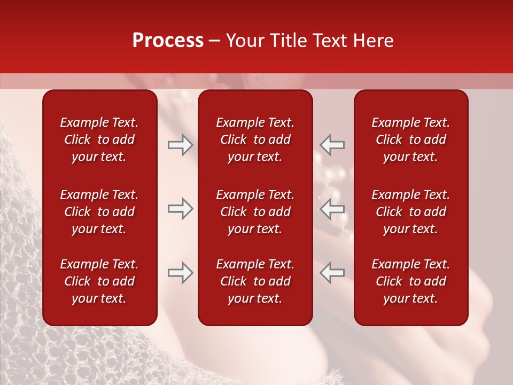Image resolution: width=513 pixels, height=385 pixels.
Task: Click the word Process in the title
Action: (168, 41)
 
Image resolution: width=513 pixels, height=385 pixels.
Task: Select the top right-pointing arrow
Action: (180, 145)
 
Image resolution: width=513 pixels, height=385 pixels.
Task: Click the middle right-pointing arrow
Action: (180, 209)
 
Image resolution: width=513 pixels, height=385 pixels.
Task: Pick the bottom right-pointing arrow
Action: (180, 273)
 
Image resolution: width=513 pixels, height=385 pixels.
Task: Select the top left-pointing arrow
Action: (332, 145)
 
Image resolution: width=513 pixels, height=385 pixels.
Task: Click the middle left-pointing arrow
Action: (332, 209)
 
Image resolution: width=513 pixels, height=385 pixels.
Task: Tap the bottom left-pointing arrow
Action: (332, 273)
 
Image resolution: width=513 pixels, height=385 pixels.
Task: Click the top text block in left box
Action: (99, 140)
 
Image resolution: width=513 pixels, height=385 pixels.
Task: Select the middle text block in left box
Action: (99, 212)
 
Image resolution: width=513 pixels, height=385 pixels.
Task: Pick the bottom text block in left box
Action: (99, 281)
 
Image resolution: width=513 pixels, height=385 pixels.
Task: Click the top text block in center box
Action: (255, 140)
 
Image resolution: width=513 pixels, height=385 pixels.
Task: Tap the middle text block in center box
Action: (255, 212)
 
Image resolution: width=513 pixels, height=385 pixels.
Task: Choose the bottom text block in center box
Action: (255, 281)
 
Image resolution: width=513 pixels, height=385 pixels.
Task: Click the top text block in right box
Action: (410, 140)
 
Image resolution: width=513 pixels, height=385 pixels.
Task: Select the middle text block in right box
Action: (410, 212)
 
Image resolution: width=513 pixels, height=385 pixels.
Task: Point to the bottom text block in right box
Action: (410, 281)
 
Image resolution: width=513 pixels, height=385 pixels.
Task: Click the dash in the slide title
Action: (215, 41)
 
